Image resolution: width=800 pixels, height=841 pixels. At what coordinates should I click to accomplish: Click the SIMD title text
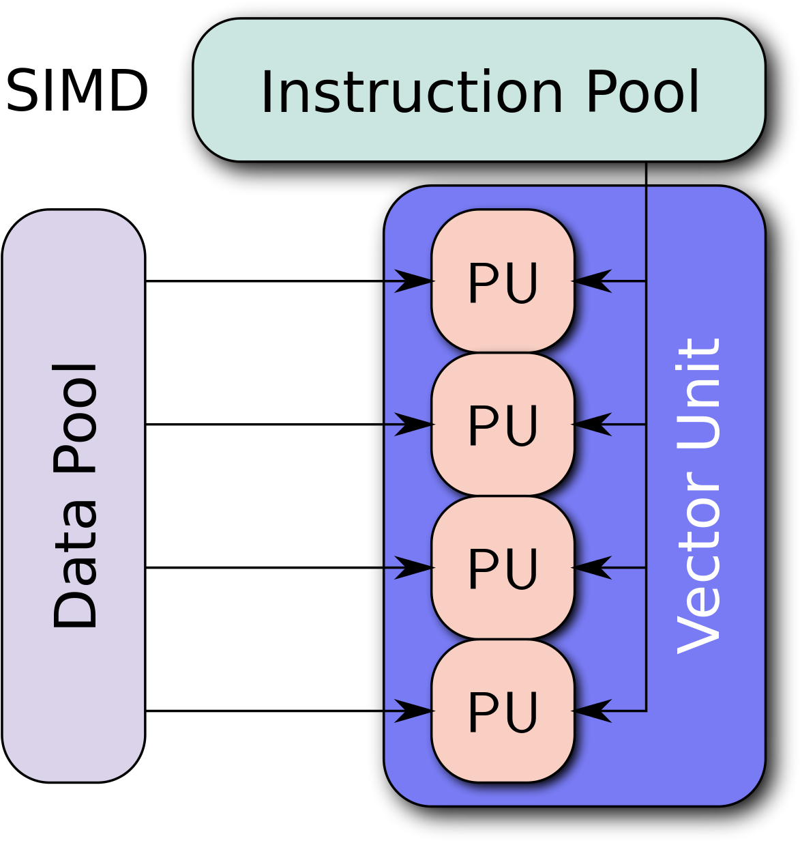pos(76,91)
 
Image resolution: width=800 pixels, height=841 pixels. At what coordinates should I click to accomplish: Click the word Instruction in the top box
pos(411,91)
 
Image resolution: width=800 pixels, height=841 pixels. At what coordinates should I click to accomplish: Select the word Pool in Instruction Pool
pos(642,91)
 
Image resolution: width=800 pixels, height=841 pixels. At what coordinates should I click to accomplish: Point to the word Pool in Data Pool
pos(74,418)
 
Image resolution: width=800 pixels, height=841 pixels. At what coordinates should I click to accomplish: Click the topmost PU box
pos(503,280)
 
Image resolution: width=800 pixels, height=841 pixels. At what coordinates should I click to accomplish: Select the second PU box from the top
pos(503,423)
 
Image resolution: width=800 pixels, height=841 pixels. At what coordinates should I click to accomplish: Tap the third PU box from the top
pos(503,567)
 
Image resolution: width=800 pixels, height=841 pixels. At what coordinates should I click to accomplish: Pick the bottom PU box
pos(503,710)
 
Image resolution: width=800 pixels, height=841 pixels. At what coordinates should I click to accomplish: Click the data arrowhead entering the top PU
pos(414,281)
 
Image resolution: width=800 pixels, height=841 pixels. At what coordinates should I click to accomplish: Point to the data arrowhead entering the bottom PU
pos(414,711)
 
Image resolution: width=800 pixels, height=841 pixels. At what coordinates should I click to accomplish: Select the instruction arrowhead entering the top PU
pos(591,281)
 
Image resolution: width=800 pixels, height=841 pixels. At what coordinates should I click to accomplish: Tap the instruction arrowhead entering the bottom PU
pos(591,711)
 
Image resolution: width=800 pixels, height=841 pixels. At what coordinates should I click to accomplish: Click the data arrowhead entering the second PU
pos(414,424)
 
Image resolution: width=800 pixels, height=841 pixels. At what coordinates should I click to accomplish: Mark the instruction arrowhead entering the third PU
pos(591,567)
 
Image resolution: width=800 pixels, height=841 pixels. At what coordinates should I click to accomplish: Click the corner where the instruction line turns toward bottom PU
pos(645,711)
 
